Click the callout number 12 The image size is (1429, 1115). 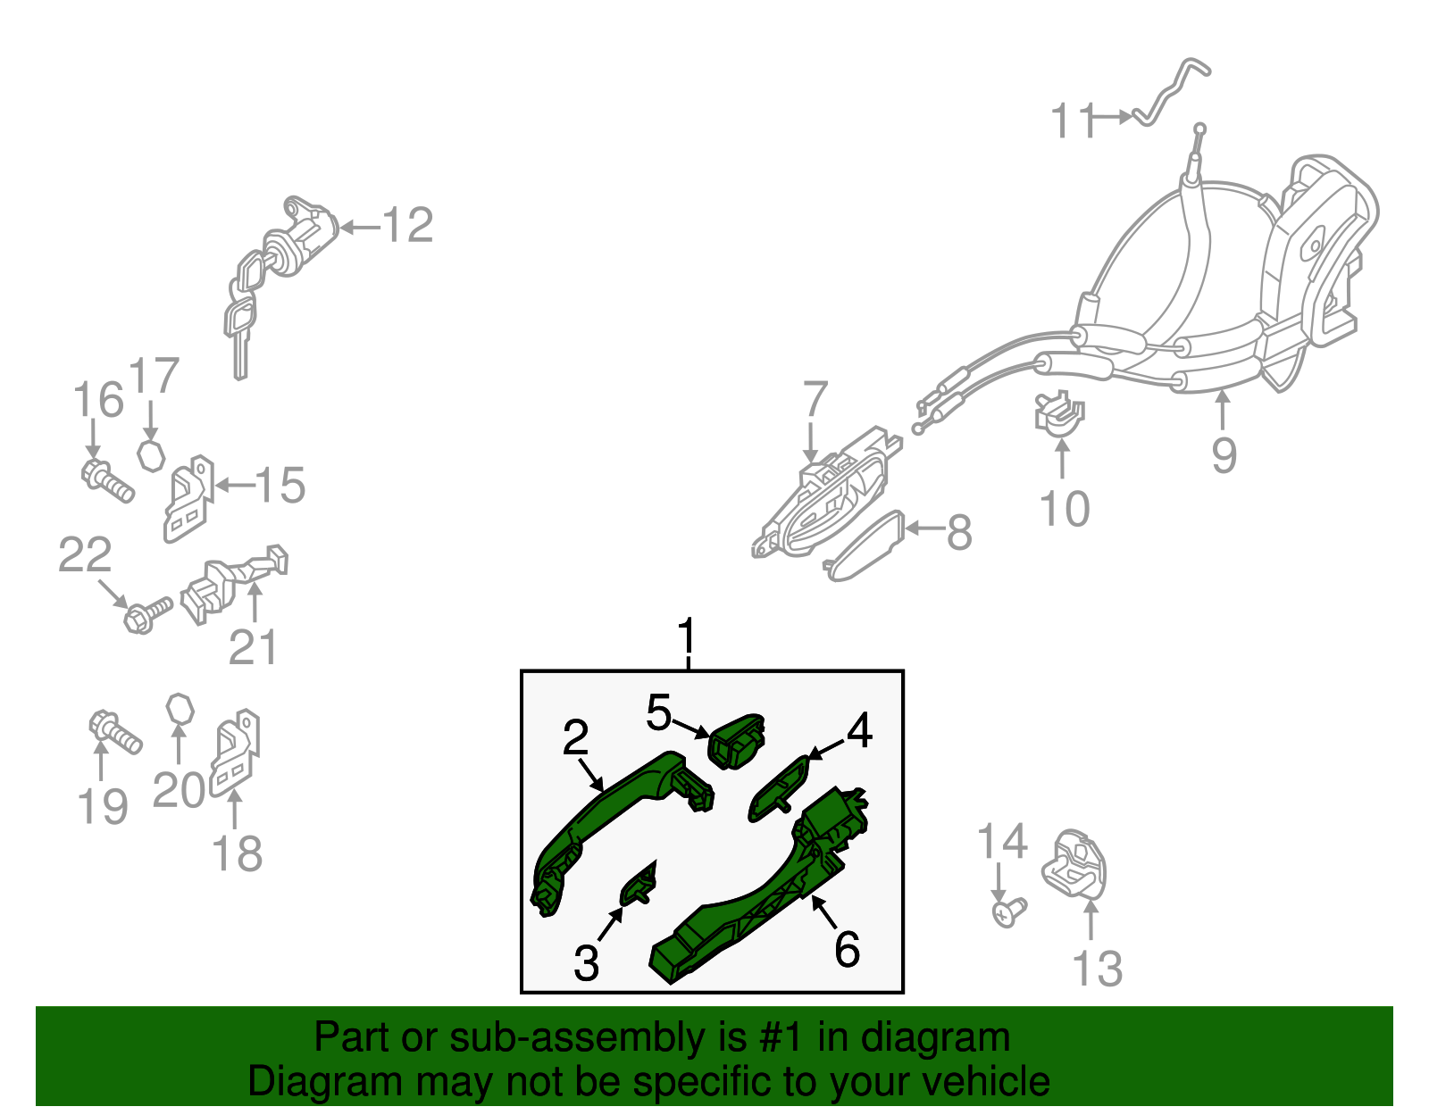click(x=408, y=225)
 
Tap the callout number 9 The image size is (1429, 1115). click(x=1224, y=455)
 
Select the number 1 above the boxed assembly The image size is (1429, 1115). click(x=687, y=636)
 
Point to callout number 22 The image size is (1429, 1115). click(x=85, y=554)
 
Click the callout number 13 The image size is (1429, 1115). click(x=1098, y=969)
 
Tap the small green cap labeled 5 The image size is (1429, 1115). click(x=738, y=740)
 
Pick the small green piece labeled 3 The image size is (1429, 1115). click(x=639, y=885)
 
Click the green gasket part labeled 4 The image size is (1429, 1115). click(x=779, y=789)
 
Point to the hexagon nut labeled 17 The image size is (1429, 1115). click(x=151, y=454)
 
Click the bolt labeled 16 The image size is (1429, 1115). click(x=108, y=481)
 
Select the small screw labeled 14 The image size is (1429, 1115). click(x=1008, y=912)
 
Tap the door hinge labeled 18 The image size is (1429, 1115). click(x=235, y=753)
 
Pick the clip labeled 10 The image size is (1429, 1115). click(x=1059, y=414)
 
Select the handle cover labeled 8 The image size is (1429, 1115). click(x=864, y=545)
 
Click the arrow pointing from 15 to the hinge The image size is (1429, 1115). click(x=235, y=486)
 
